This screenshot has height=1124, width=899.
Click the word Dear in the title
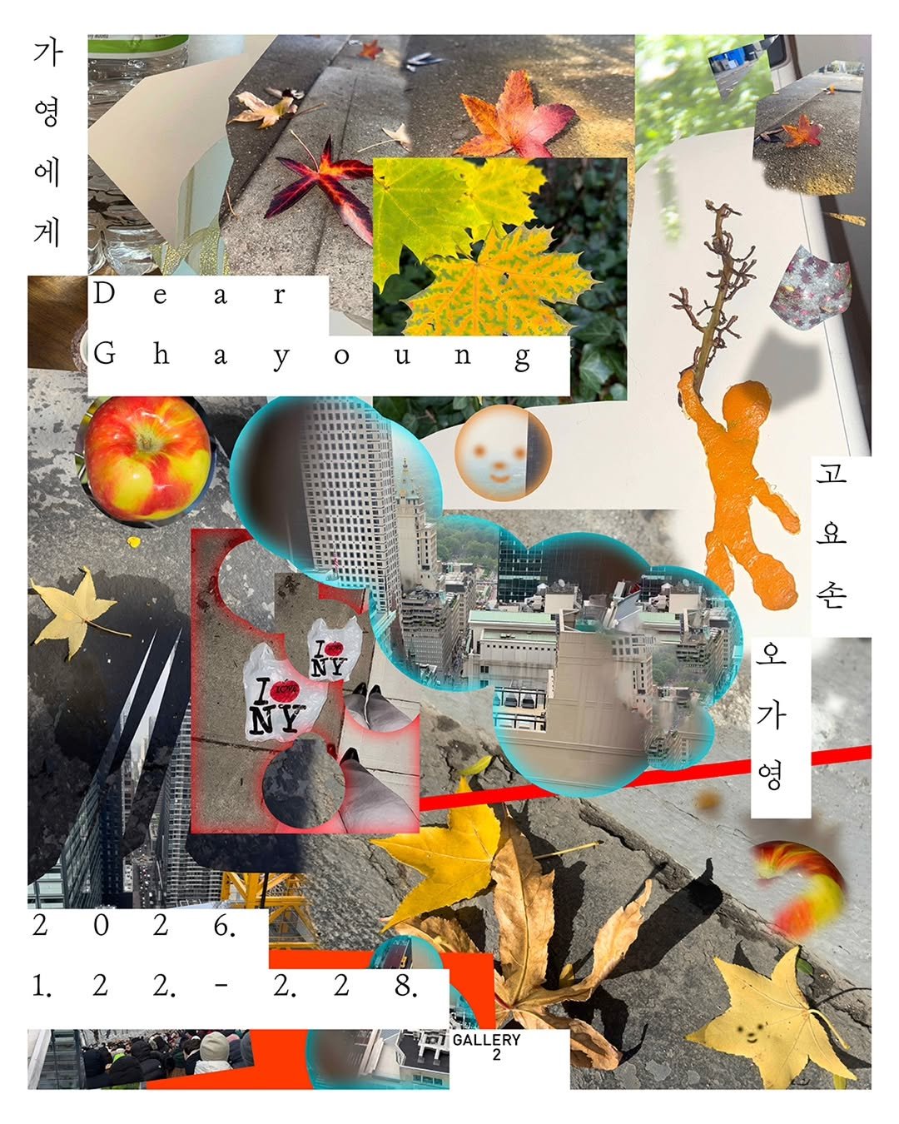190,294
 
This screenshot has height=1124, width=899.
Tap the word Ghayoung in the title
312,356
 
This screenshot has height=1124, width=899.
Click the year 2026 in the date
135,925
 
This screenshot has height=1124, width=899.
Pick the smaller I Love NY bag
333,649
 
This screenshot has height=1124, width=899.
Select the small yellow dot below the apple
134,542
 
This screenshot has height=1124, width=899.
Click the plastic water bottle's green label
138,44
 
